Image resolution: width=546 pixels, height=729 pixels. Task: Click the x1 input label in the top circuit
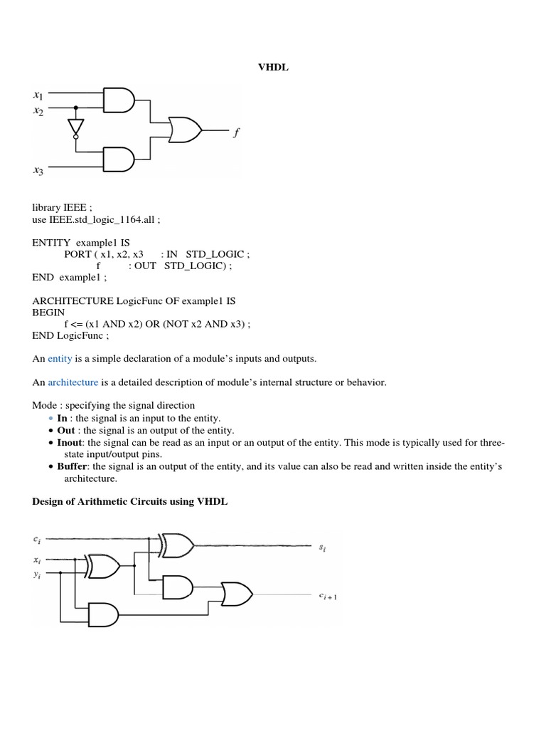38,95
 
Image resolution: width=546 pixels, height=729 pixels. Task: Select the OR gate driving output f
186,130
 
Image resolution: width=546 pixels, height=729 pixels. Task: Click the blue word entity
60,359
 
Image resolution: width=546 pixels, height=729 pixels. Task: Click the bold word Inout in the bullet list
70,442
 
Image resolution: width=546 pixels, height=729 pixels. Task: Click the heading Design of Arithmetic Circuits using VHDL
130,501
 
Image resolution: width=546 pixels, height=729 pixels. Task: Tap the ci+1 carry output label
328,597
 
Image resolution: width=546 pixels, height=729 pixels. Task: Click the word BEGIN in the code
48,313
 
